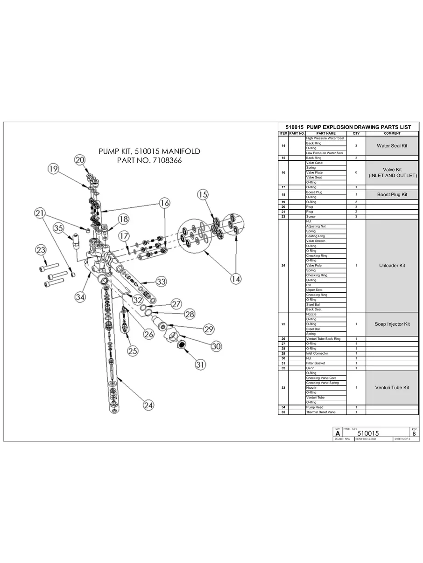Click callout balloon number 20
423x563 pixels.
pyautogui.click(x=80, y=160)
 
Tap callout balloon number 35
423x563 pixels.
pyautogui.click(x=58, y=228)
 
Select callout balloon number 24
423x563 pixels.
pyautogui.click(x=148, y=405)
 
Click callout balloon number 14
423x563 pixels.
pyautogui.click(x=236, y=279)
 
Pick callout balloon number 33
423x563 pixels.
pyautogui.click(x=161, y=282)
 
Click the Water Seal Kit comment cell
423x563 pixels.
pyautogui.click(x=392, y=146)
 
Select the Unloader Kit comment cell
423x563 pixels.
pyautogui.click(x=392, y=266)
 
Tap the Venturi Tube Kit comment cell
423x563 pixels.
pyautogui.click(x=392, y=388)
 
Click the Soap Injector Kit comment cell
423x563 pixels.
pyautogui.click(x=392, y=324)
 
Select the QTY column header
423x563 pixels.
pyautogui.click(x=356, y=133)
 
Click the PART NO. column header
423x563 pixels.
pyautogui.click(x=296, y=133)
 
